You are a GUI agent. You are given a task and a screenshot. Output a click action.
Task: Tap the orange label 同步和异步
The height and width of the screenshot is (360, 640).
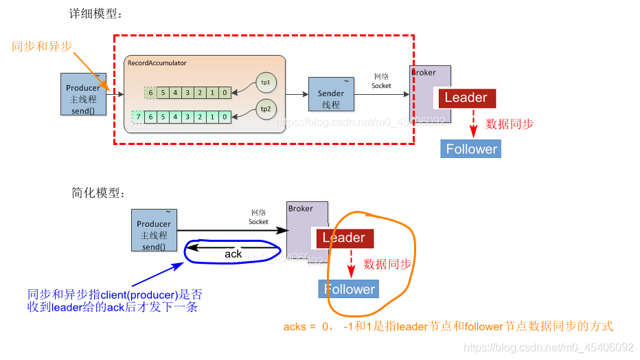[x=41, y=46]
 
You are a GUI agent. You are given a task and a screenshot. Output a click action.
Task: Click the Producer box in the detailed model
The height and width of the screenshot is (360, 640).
[x=83, y=93]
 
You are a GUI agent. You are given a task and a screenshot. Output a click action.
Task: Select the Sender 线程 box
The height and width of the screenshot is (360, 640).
[x=331, y=95]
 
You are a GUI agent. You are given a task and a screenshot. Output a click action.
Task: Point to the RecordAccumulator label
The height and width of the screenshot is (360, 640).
[x=157, y=63]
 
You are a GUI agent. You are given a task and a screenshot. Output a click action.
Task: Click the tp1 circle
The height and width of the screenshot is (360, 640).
[x=265, y=82]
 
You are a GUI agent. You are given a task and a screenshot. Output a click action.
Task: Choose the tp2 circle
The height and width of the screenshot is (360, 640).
[x=265, y=108]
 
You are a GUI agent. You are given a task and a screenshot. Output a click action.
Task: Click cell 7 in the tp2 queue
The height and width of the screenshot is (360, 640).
[x=138, y=117]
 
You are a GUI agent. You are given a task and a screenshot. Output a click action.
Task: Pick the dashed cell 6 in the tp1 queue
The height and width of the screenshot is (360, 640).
[x=150, y=91]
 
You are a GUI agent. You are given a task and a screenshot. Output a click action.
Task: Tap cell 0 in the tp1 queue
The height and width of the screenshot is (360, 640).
[x=225, y=91]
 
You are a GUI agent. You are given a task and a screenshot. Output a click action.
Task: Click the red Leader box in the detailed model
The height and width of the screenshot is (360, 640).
[x=466, y=98]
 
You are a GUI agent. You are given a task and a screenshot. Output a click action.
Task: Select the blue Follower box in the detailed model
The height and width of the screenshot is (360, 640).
[x=471, y=149]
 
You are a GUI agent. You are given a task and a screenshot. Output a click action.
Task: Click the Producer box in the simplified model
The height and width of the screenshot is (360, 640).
[x=154, y=231]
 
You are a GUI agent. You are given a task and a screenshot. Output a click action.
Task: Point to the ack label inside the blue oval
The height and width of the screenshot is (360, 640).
[x=233, y=254]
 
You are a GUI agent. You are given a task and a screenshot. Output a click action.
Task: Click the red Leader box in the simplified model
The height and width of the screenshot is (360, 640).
[x=344, y=238]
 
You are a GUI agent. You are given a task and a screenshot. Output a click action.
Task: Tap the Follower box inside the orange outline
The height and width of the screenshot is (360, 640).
[x=350, y=289]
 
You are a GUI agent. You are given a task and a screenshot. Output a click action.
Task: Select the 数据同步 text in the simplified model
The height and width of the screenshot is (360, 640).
[x=387, y=264]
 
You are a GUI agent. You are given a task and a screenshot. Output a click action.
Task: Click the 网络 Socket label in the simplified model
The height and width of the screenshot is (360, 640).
[x=259, y=217]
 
